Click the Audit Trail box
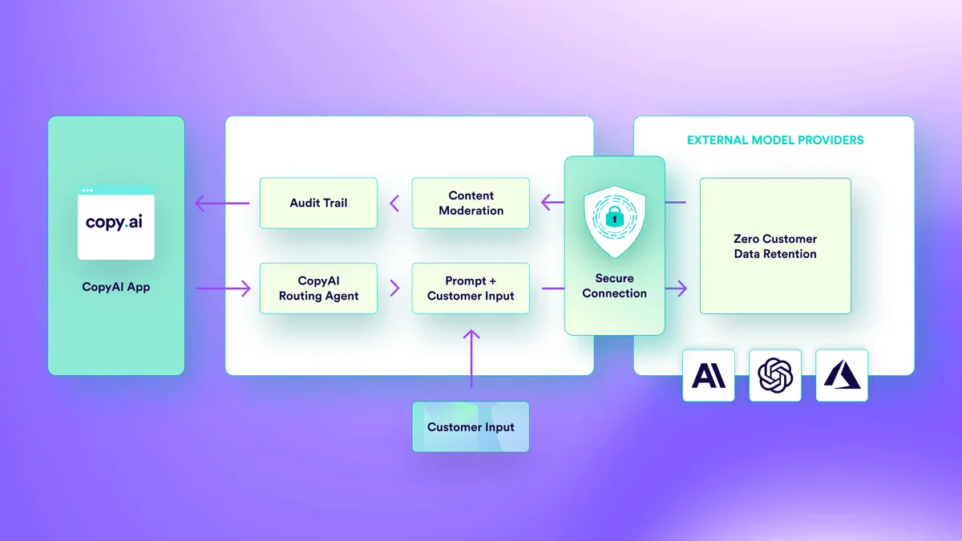[318, 203]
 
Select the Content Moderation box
[471, 203]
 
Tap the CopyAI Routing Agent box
[318, 288]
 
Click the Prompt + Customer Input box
[471, 288]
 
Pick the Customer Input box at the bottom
[471, 427]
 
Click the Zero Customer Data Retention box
[775, 246]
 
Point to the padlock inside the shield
[614, 216]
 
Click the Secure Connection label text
[614, 286]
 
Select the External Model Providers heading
[775, 140]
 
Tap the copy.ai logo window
[115, 223]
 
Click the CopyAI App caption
[115, 287]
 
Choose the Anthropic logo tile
[709, 375]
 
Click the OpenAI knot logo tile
[775, 375]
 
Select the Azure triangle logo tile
[842, 375]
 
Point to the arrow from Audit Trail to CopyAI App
[222, 203]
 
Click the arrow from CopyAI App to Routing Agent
[222, 288]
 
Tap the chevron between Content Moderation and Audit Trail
[394, 203]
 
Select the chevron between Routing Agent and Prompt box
[394, 288]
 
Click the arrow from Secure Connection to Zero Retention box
[677, 288]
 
